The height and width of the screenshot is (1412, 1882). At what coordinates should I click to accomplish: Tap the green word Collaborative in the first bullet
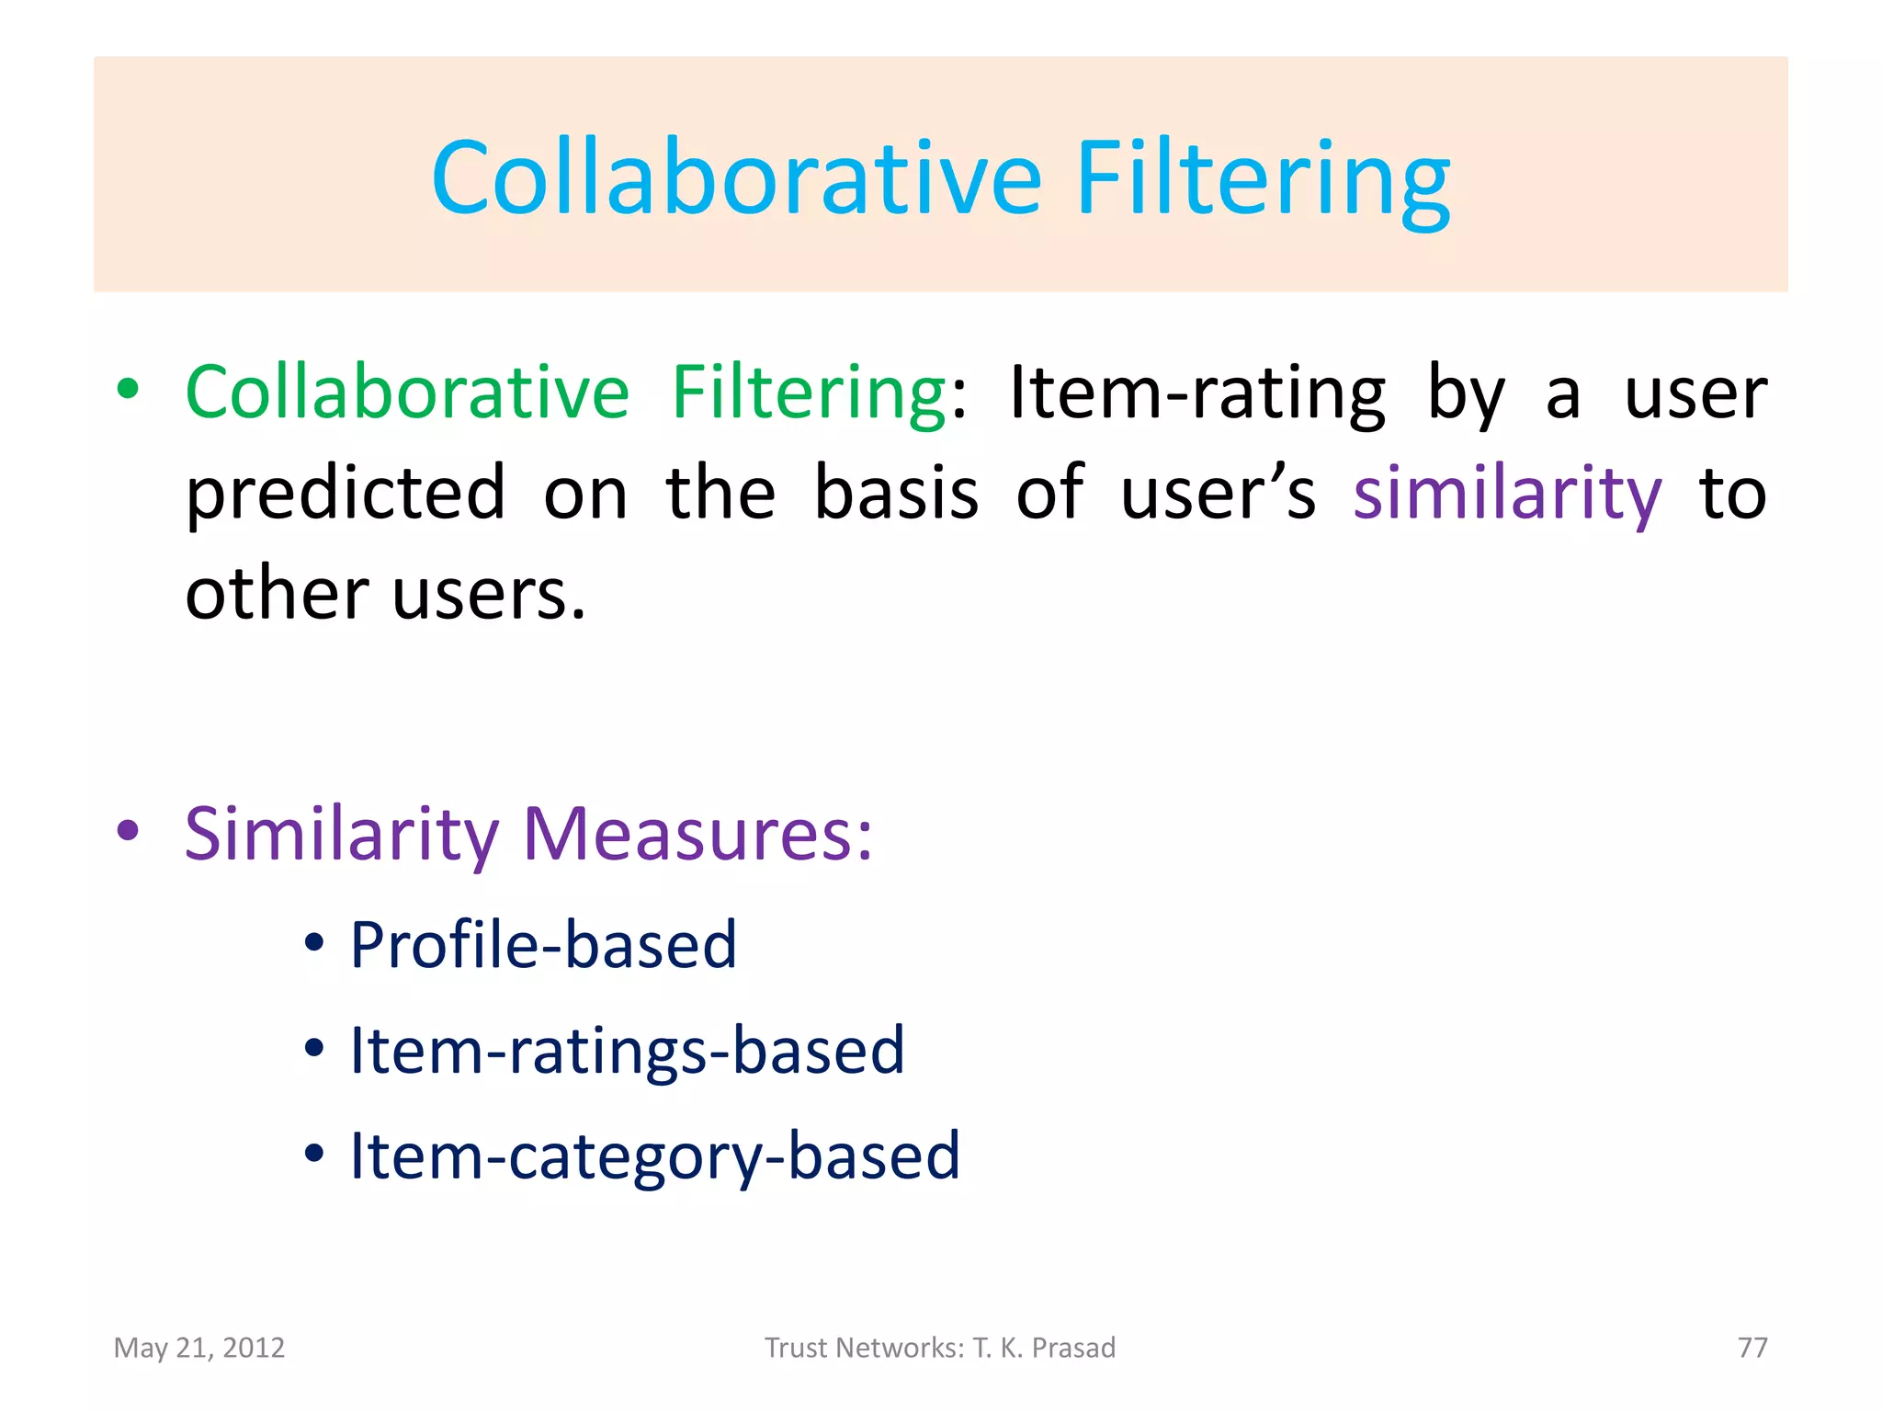click(407, 393)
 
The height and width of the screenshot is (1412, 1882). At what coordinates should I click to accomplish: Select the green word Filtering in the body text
click(809, 394)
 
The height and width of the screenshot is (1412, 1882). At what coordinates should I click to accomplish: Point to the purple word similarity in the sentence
click(1507, 494)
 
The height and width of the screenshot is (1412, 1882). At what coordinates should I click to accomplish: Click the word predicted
click(346, 494)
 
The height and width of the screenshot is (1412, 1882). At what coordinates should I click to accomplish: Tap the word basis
click(896, 494)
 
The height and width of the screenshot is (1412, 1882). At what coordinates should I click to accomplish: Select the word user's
click(1218, 494)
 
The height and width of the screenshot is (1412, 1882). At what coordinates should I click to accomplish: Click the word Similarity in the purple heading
click(341, 835)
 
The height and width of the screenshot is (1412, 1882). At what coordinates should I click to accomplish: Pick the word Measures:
click(697, 835)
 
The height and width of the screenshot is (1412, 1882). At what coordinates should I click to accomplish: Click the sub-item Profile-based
click(543, 944)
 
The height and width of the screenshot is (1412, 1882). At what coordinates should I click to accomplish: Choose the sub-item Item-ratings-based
click(628, 1050)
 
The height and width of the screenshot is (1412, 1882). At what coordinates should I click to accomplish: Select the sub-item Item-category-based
click(655, 1156)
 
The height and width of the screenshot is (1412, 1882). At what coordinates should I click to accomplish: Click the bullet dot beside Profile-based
click(314, 942)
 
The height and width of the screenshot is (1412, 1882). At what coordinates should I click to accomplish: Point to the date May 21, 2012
click(199, 1348)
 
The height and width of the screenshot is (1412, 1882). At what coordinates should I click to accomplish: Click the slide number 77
click(1752, 1348)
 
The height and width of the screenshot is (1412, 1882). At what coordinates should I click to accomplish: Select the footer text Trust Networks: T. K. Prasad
click(940, 1348)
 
